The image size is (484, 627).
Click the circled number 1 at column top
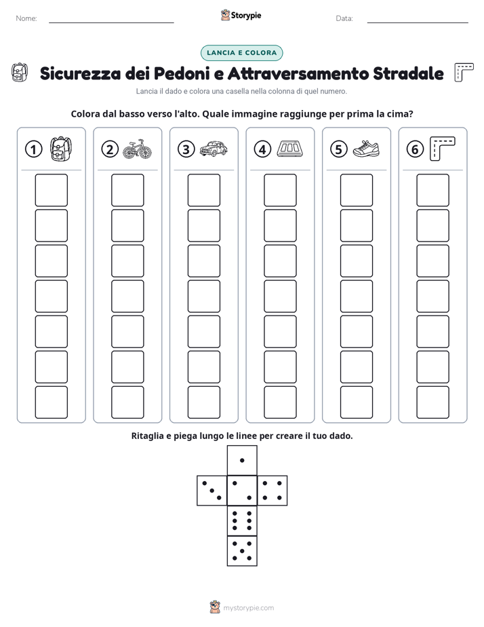(33, 149)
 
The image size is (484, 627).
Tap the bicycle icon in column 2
(138, 149)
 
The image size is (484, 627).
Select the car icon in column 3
(214, 149)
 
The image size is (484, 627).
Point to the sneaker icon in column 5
(366, 149)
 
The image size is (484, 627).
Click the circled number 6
(415, 149)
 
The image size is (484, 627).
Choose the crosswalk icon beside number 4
(290, 149)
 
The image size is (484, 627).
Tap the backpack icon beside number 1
(61, 149)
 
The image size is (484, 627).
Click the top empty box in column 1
(51, 190)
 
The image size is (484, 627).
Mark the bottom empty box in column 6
(433, 402)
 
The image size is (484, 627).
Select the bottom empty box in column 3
(203, 402)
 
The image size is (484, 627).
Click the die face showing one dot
(242, 460)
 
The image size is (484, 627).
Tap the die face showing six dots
(242, 520)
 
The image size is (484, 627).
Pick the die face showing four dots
(273, 491)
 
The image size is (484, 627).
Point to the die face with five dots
(242, 551)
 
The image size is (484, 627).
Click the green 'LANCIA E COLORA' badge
(241, 53)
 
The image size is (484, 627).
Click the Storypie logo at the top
(241, 16)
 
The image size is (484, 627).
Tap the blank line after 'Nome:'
(111, 22)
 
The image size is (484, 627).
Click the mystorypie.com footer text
(248, 608)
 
